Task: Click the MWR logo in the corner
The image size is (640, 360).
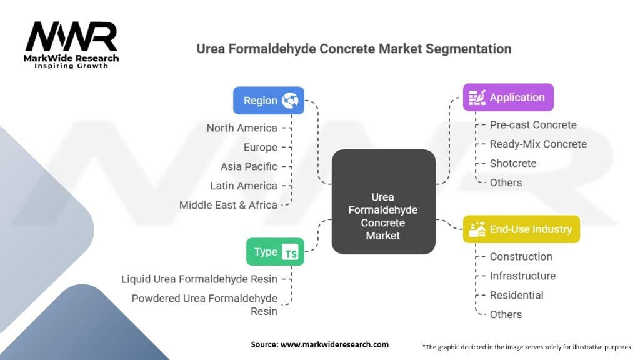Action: point(71,44)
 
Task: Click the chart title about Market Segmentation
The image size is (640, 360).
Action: point(354,49)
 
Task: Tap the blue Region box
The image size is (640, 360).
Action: point(269,100)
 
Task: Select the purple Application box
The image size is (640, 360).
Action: point(508,97)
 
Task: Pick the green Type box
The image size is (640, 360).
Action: point(275,252)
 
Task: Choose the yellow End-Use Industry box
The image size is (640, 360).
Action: point(521,229)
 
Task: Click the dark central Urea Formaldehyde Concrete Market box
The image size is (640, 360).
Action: point(383,201)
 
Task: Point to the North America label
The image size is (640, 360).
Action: point(242,128)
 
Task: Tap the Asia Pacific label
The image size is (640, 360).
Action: point(249,167)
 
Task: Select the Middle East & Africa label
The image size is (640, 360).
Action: point(228,205)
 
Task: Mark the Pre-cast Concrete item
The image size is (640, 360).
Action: point(533,125)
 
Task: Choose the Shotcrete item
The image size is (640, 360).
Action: point(513,163)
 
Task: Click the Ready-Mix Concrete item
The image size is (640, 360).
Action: point(538,144)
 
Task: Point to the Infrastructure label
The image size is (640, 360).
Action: point(522,276)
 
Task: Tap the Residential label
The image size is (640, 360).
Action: point(516,295)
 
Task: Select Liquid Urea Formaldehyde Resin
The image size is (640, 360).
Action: point(199,279)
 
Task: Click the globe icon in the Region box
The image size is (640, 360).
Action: point(290,100)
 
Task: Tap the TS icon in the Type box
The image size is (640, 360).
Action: point(291,252)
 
